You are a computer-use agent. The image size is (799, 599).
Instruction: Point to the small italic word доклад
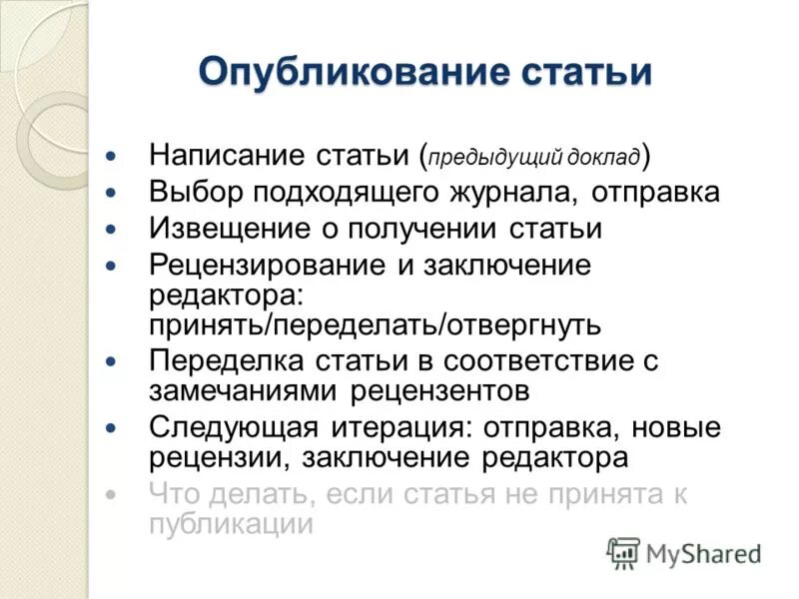605,157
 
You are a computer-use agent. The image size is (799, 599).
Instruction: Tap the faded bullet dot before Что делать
112,495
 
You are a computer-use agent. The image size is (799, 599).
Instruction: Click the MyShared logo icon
623,550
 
